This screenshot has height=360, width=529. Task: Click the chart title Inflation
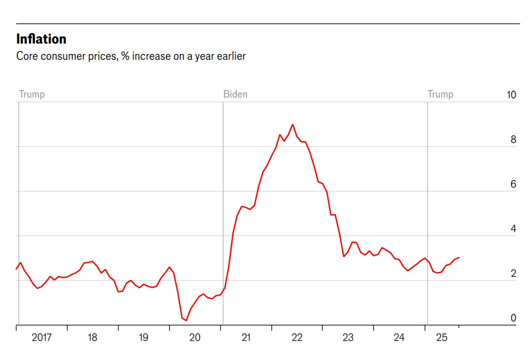point(41,39)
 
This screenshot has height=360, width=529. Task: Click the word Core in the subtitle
point(26,56)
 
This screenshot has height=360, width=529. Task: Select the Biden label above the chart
point(235,94)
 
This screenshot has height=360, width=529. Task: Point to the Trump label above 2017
point(31,94)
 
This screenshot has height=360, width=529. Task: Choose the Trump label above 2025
point(440,94)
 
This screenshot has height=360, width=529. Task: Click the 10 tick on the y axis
point(511,95)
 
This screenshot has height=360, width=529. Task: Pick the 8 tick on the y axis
point(514,139)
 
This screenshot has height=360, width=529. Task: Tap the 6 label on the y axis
point(514,184)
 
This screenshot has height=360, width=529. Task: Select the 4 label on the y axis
point(514,229)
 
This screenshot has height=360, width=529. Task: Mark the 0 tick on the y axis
point(514,318)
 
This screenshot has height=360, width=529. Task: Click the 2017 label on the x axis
point(42,337)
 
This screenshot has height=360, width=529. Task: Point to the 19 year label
point(143,337)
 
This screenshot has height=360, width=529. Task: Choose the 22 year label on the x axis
point(297,337)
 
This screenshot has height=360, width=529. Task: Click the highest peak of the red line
point(293,125)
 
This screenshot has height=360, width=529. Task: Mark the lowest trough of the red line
point(186,320)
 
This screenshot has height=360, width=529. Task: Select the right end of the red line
point(459,257)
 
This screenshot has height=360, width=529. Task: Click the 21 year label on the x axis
point(246,337)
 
